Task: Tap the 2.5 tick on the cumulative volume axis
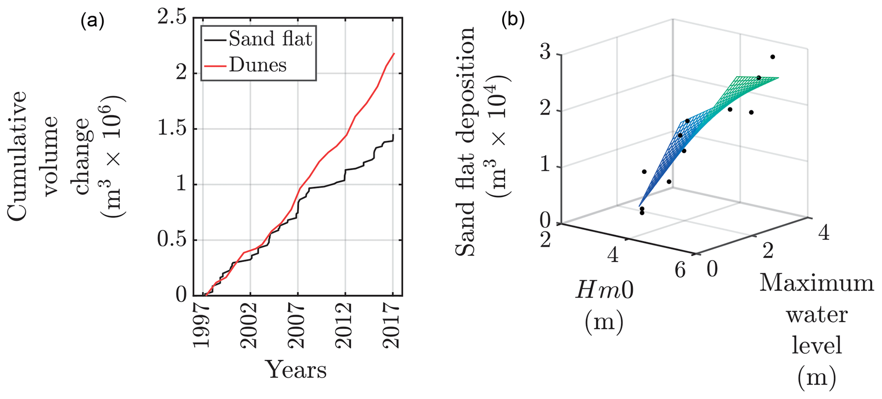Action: (x=172, y=19)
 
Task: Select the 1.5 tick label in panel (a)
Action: (x=172, y=129)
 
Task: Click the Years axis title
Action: (x=297, y=370)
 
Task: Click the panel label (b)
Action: (x=513, y=20)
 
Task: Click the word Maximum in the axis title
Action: (x=816, y=283)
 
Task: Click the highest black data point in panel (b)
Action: (x=772, y=57)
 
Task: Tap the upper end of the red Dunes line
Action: (x=394, y=53)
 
